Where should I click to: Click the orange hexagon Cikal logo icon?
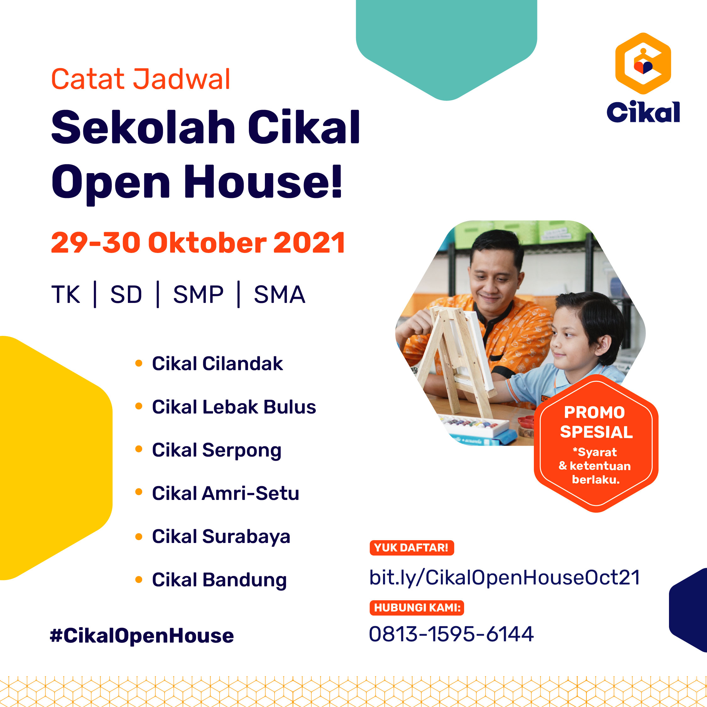click(643, 63)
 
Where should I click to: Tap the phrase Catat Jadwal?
click(140, 79)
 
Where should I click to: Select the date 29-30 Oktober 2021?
click(198, 243)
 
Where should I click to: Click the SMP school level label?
click(198, 295)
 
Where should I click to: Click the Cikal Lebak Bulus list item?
click(234, 407)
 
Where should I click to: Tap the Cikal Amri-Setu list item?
click(225, 493)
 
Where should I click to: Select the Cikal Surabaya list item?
click(221, 537)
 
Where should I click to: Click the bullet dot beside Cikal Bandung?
click(139, 579)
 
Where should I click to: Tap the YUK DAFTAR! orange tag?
click(412, 548)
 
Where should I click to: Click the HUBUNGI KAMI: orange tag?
click(417, 608)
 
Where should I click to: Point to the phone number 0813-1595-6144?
click(451, 634)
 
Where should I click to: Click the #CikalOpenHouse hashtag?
click(142, 636)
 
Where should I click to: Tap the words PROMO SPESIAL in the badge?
click(596, 422)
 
